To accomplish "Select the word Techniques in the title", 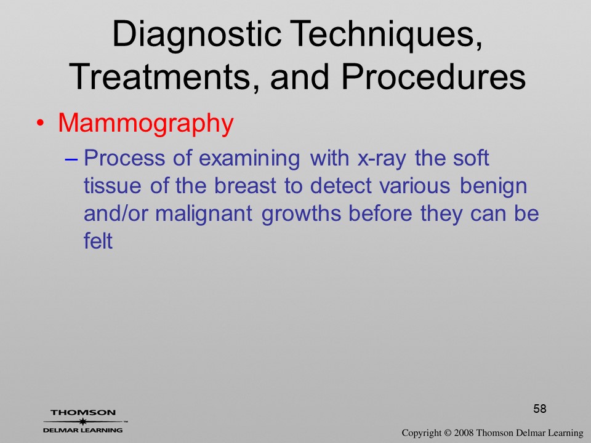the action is point(387,34).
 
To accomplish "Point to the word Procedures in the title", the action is point(433,77).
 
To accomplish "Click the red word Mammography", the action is point(146,124).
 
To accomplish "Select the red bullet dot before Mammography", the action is point(41,124).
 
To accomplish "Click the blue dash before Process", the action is point(71,159).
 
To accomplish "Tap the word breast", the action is point(245,185).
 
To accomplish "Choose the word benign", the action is point(493,186).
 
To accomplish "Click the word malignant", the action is point(204,214).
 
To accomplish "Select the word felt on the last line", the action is point(98,241).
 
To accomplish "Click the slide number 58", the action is point(540,409).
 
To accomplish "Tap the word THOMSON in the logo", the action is point(83,412).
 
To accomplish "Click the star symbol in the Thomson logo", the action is point(83,421).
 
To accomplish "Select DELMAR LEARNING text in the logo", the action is point(83,430).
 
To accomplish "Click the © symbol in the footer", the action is point(448,433).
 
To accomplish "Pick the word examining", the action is point(249,159).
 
